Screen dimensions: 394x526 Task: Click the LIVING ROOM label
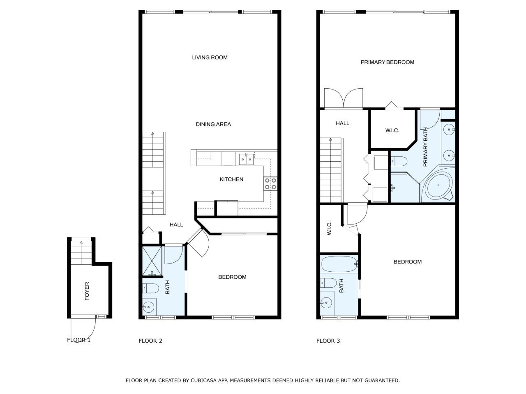(x=210, y=57)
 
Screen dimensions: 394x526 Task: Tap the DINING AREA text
(x=213, y=124)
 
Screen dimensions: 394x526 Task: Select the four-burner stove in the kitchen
(x=270, y=184)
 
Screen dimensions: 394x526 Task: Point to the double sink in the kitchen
(x=246, y=159)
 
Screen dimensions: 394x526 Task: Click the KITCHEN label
(x=231, y=179)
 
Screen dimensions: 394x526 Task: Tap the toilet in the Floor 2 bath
(x=150, y=289)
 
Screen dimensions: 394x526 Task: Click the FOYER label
(x=87, y=291)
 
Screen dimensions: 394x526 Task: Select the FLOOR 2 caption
(x=150, y=341)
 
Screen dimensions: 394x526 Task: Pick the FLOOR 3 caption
(x=328, y=341)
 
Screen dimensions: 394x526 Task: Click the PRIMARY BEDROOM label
(x=387, y=62)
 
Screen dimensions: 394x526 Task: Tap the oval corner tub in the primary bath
(x=439, y=186)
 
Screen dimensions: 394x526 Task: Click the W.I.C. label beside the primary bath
(x=392, y=131)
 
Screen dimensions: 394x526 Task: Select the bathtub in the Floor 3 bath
(x=339, y=265)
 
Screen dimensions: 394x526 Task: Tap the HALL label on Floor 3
(x=342, y=123)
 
